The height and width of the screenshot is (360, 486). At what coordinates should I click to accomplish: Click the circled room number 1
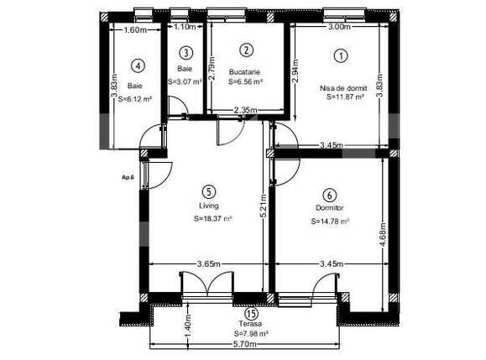tap(340, 56)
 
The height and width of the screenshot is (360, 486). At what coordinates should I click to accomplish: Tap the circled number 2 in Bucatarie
tap(245, 51)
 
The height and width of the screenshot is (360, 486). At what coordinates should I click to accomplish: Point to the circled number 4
tap(138, 65)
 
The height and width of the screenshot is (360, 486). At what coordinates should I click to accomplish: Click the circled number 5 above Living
tap(208, 191)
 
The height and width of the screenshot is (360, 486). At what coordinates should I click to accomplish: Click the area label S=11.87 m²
tap(345, 97)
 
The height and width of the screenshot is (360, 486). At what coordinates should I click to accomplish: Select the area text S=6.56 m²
tap(246, 82)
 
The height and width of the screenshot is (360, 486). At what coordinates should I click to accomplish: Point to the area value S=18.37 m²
tap(211, 220)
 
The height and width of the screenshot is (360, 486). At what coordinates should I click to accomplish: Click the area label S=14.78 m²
tap(330, 222)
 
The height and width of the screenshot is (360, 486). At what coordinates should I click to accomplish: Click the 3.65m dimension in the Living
tap(207, 264)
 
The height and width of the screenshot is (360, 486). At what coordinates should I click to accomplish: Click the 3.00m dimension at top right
tap(339, 27)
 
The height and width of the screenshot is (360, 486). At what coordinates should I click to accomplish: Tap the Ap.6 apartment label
tap(128, 177)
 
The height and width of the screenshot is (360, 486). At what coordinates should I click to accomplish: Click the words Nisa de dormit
tap(343, 87)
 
